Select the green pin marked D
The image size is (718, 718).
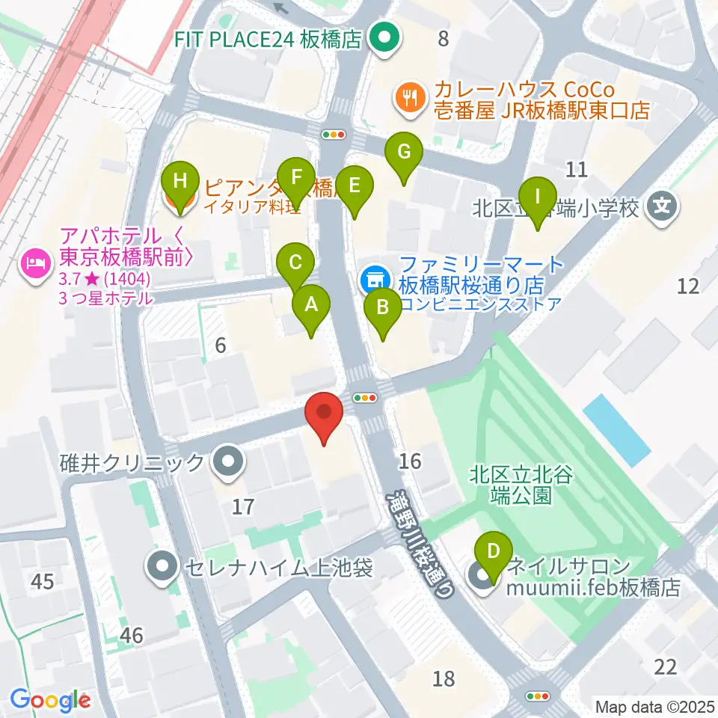(x=493, y=551)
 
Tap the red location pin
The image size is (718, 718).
(x=324, y=414)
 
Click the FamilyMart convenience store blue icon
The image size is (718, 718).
(x=372, y=280)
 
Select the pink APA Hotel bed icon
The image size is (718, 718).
(x=34, y=262)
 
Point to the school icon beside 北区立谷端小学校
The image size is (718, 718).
(x=662, y=204)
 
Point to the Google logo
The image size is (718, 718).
(x=51, y=700)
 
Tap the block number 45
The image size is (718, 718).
(x=43, y=581)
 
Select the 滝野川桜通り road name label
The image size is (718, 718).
(x=420, y=542)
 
